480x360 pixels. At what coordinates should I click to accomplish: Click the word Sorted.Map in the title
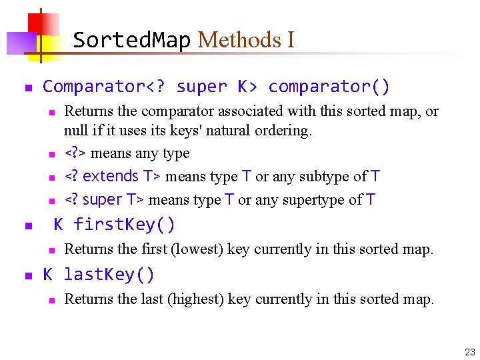tap(131, 40)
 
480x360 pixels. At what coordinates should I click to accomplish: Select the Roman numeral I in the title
tap(291, 40)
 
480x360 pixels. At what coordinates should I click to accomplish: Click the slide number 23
tap(469, 351)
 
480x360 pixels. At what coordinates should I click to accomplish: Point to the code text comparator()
tap(329, 87)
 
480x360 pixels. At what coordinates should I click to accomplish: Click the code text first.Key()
tap(124, 225)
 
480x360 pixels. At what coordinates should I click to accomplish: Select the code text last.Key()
tap(109, 274)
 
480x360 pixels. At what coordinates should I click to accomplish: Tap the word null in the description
tap(77, 131)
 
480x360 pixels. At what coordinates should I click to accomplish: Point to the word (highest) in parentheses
tap(197, 299)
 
